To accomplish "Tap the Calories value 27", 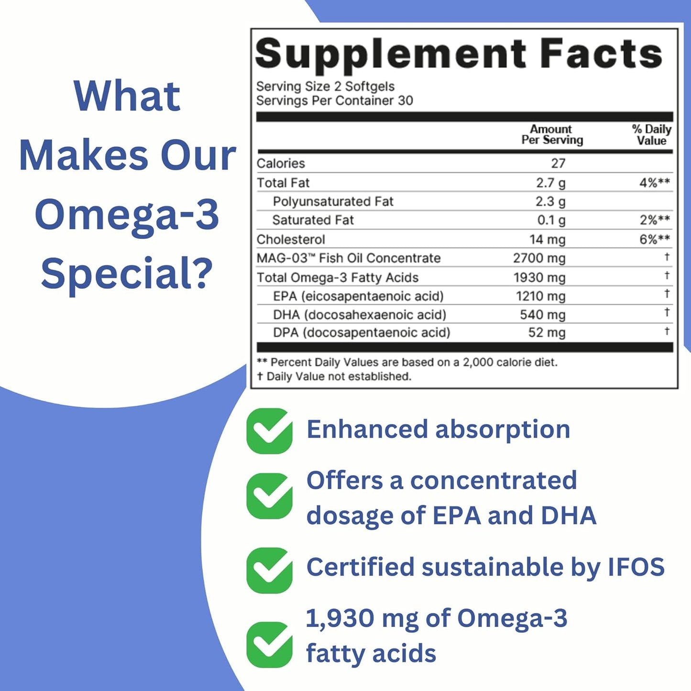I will coord(558,164).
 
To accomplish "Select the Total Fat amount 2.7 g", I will coord(550,183).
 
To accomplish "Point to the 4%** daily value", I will coord(654,183).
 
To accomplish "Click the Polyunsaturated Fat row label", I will coord(333,202).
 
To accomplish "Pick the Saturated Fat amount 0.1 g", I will coord(551,220).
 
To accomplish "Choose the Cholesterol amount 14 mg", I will coord(547,240).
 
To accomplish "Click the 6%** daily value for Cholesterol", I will coord(654,240).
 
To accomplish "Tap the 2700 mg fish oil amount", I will coord(539,258).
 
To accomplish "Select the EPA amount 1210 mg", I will coord(540,296).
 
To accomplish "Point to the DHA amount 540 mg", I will coord(542,315).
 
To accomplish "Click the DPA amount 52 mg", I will coord(547,333).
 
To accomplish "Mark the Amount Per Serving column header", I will coord(552,135).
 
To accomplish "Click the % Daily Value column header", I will coord(651,135).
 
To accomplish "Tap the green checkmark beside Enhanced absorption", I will coord(269,431).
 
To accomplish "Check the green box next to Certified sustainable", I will coord(269,570).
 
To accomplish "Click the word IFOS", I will coord(636,567).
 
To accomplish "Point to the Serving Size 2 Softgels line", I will coord(325,87).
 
